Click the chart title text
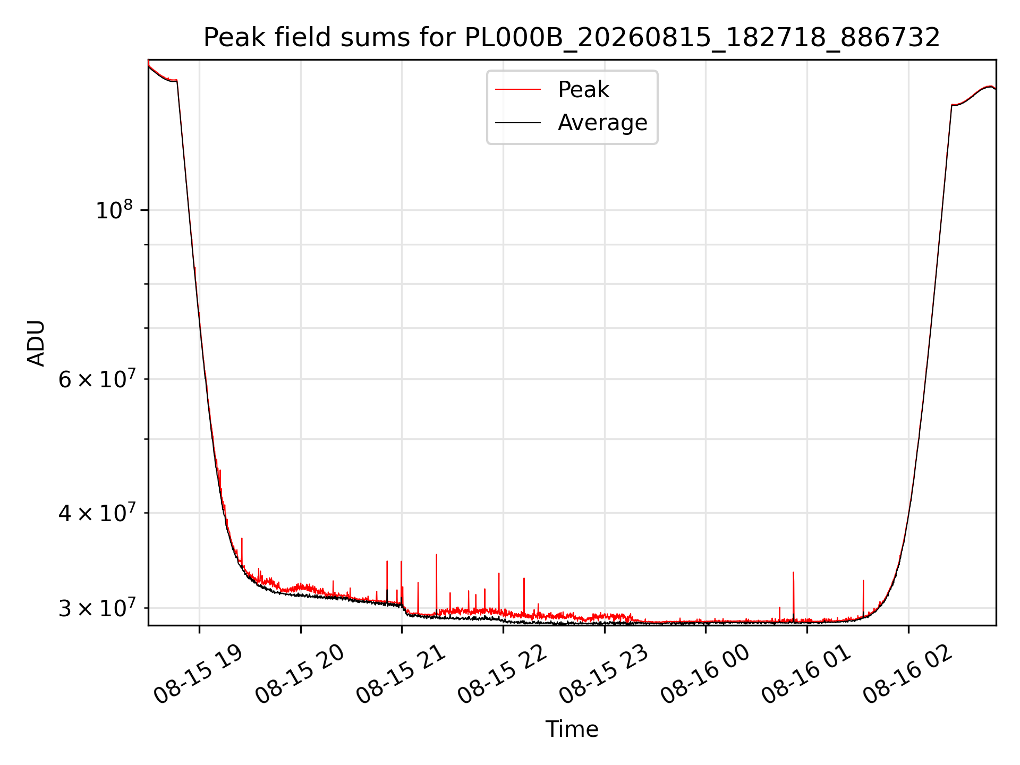[572, 38]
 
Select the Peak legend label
[583, 90]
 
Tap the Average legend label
[602, 123]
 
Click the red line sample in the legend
[518, 90]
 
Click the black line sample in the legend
[518, 123]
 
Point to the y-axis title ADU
[36, 343]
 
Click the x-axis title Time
[572, 729]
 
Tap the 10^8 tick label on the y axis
[114, 210]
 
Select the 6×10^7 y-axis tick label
[96, 379]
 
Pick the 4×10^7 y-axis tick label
[96, 513]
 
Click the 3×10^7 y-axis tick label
[96, 608]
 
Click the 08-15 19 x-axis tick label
[198, 674]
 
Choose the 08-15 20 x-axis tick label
[299, 674]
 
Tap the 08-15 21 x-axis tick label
[401, 674]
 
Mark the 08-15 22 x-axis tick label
[502, 674]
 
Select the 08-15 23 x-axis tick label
[603, 674]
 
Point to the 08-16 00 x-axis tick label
[704, 674]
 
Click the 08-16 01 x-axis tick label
[806, 674]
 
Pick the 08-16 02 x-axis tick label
[907, 674]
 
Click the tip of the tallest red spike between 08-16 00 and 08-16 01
[793, 572]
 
